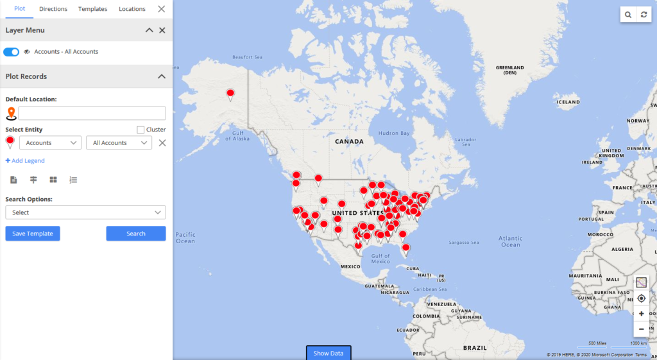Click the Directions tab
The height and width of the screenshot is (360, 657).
click(x=53, y=9)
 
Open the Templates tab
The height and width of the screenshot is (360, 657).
click(x=93, y=9)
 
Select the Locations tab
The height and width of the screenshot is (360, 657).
click(x=132, y=9)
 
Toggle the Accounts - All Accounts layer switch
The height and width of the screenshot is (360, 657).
click(x=11, y=52)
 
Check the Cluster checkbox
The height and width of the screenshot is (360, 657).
click(x=141, y=130)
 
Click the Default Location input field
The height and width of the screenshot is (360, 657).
click(x=92, y=114)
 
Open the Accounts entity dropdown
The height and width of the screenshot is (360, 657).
click(x=50, y=143)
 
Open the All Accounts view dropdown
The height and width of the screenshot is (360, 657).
click(x=119, y=143)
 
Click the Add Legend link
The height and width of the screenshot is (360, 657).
click(x=25, y=161)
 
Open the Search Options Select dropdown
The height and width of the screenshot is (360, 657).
click(x=85, y=212)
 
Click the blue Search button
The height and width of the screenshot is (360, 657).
click(x=136, y=234)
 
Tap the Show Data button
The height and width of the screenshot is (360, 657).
click(x=328, y=353)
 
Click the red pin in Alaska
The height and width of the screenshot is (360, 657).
click(x=230, y=94)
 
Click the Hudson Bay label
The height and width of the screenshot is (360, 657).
click(x=394, y=133)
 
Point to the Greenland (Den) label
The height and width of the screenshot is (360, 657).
click(x=510, y=70)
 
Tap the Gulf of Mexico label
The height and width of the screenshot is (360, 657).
click(x=380, y=259)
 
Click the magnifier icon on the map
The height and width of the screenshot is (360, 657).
click(x=628, y=15)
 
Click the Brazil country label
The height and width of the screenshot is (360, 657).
click(x=475, y=347)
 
